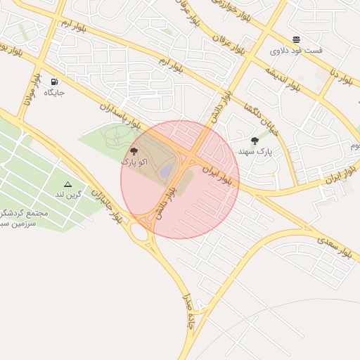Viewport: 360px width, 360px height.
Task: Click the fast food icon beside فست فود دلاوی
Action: pos(296,39)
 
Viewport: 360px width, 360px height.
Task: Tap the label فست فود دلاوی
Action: pos(296,51)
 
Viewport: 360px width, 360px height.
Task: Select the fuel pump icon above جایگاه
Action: pos(55,82)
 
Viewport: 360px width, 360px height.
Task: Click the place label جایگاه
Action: pos(54,92)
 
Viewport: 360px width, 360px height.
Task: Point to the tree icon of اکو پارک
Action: pos(134,151)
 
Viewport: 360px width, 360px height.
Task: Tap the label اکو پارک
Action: pos(134,162)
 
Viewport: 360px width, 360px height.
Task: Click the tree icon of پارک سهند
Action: pos(255,141)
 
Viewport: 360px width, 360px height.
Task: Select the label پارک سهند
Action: pos(254,151)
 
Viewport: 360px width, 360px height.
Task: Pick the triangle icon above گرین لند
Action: pos(67,184)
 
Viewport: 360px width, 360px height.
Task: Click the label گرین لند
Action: pos(67,194)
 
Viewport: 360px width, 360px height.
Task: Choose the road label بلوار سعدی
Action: pos(335,243)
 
